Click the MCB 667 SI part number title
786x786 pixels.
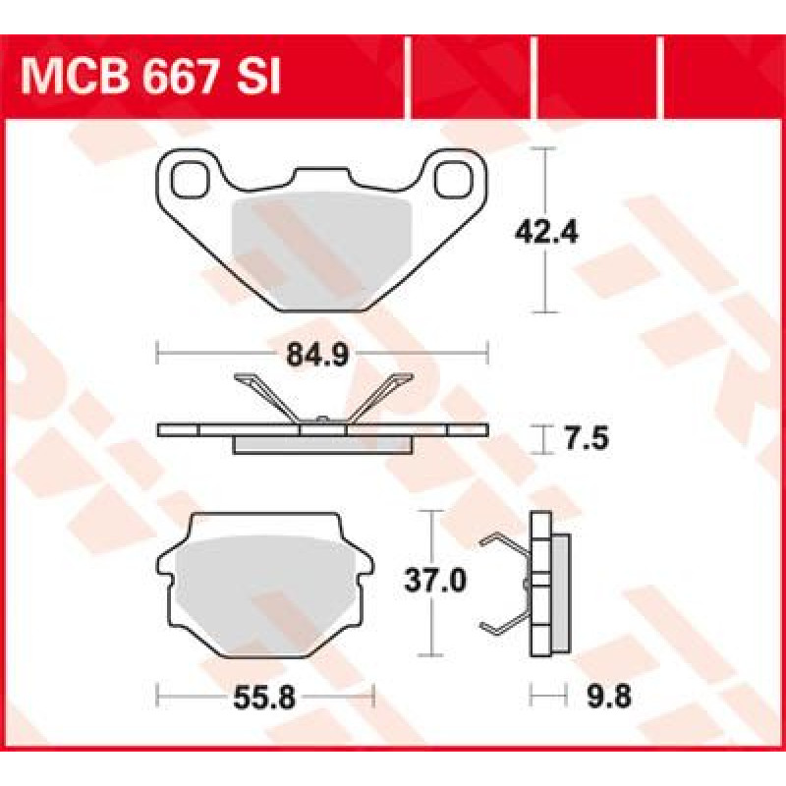click(150, 78)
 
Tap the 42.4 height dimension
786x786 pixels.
click(546, 232)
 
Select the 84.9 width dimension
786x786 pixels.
click(317, 355)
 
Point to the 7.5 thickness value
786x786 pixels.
click(587, 438)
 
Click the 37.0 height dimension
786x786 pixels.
click(435, 581)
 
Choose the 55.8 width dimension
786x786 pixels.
click(264, 697)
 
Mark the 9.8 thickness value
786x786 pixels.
click(608, 697)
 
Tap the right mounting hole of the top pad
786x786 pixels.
click(454, 179)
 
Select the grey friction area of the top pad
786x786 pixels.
click(322, 251)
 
